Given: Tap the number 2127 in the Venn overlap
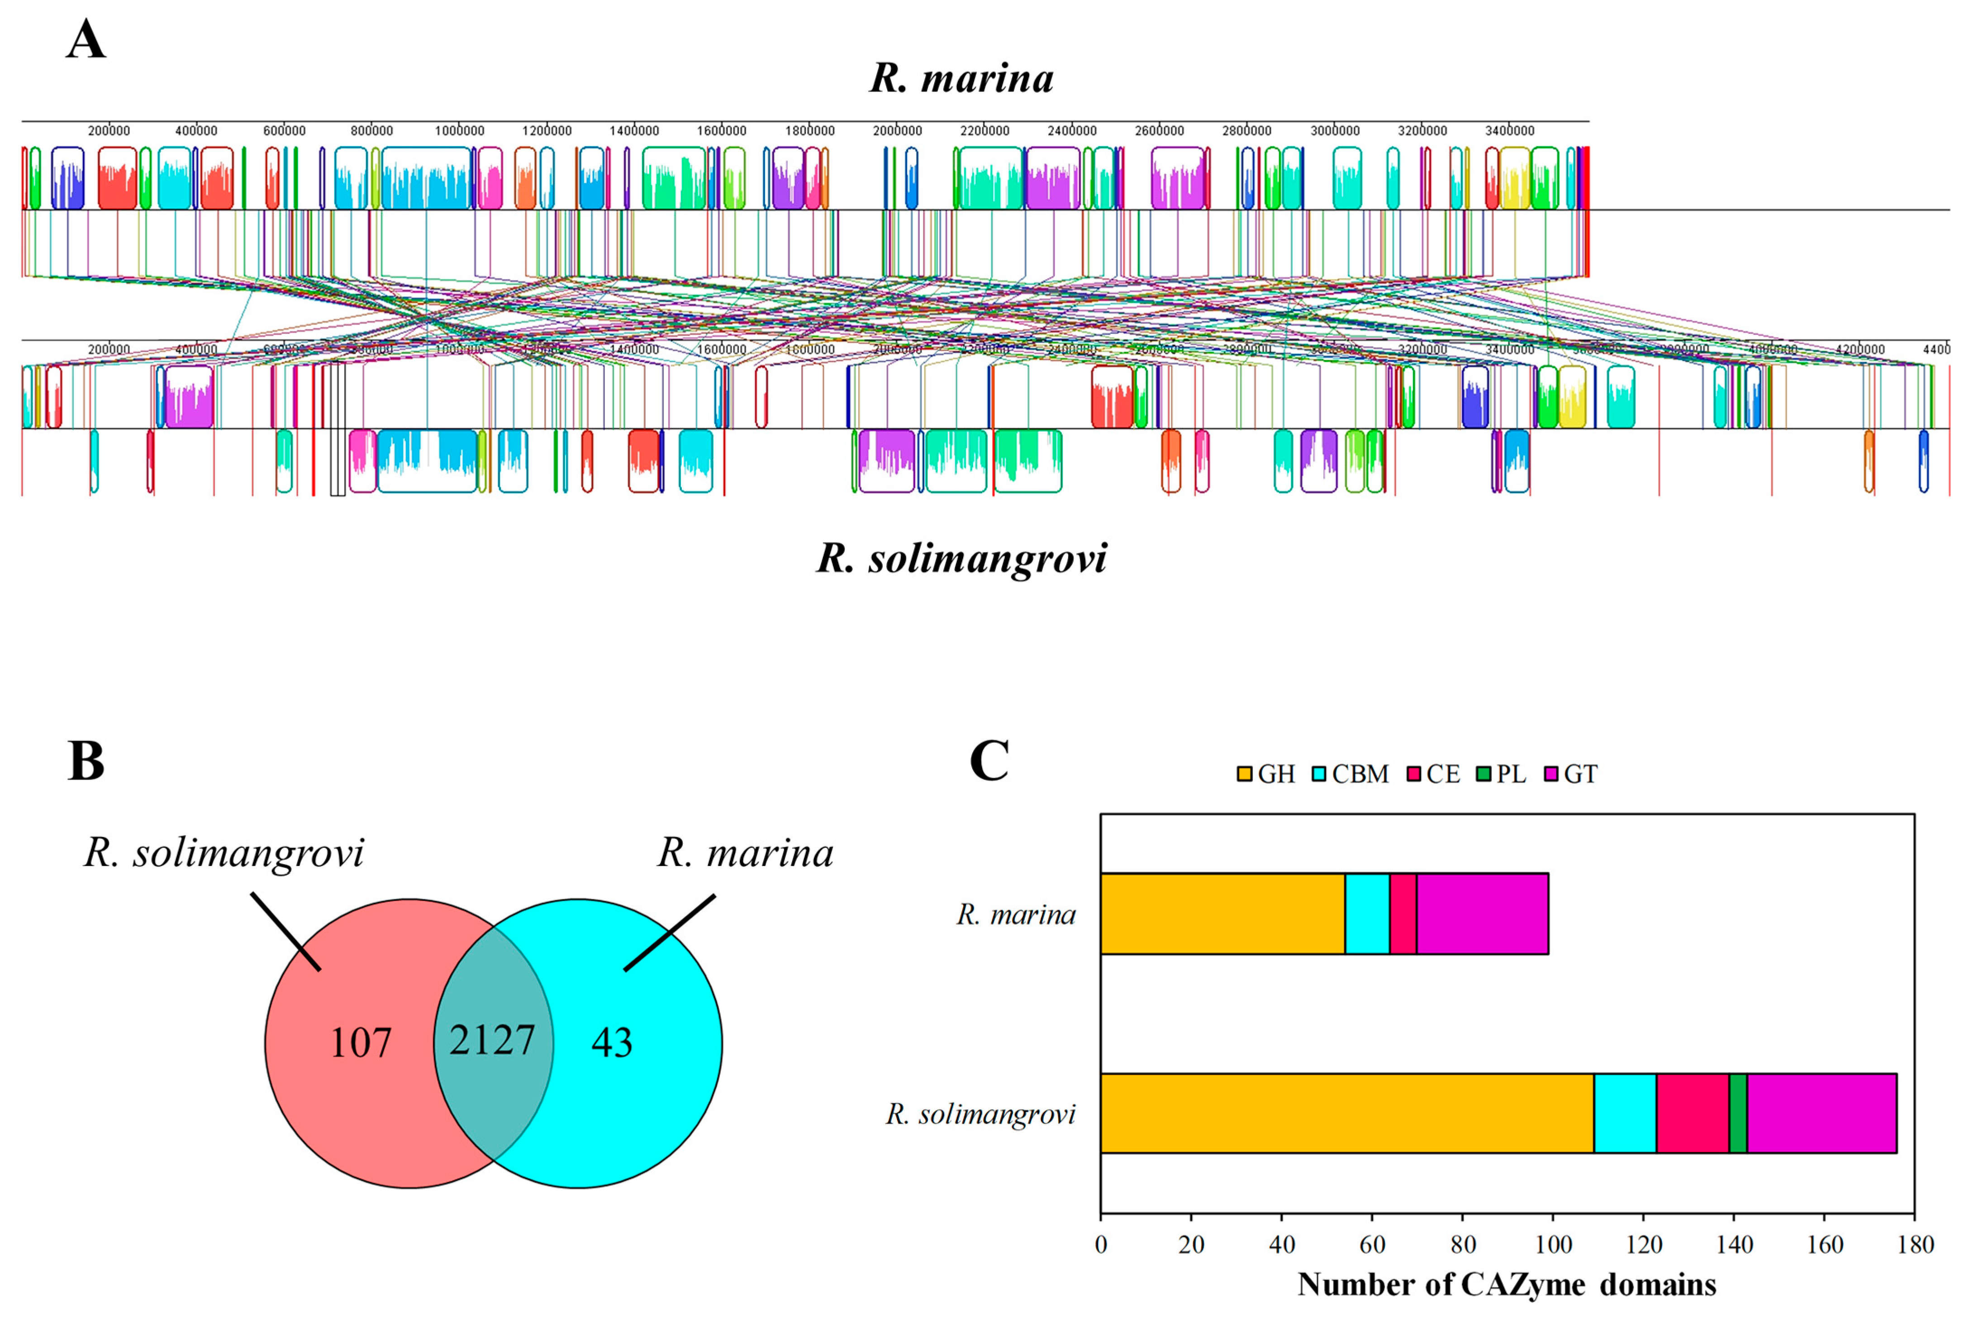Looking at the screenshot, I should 492,1041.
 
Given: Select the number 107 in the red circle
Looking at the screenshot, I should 361,1043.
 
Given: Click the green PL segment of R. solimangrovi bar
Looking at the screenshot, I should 1738,1113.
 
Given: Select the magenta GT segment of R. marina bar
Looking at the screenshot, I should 1482,914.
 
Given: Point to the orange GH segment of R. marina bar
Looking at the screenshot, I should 1222,914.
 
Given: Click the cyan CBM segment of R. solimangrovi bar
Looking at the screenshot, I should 1625,1113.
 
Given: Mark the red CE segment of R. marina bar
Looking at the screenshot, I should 1403,914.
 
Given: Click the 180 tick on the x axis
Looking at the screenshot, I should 1915,1245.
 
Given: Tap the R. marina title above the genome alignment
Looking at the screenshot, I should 961,78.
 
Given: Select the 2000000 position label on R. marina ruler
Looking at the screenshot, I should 897,131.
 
